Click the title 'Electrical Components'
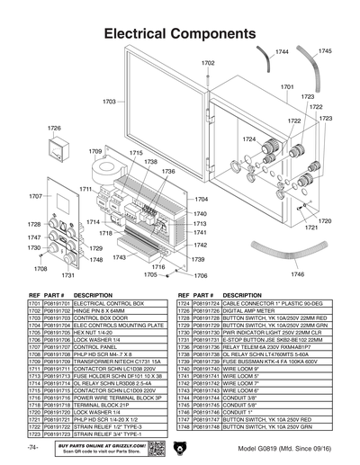point(180,33)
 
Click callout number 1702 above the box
point(208,64)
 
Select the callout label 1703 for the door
point(110,102)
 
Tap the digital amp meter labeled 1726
point(55,148)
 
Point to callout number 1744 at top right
point(282,53)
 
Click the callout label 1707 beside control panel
point(35,195)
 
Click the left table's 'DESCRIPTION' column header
point(93,295)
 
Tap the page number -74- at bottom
point(33,447)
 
